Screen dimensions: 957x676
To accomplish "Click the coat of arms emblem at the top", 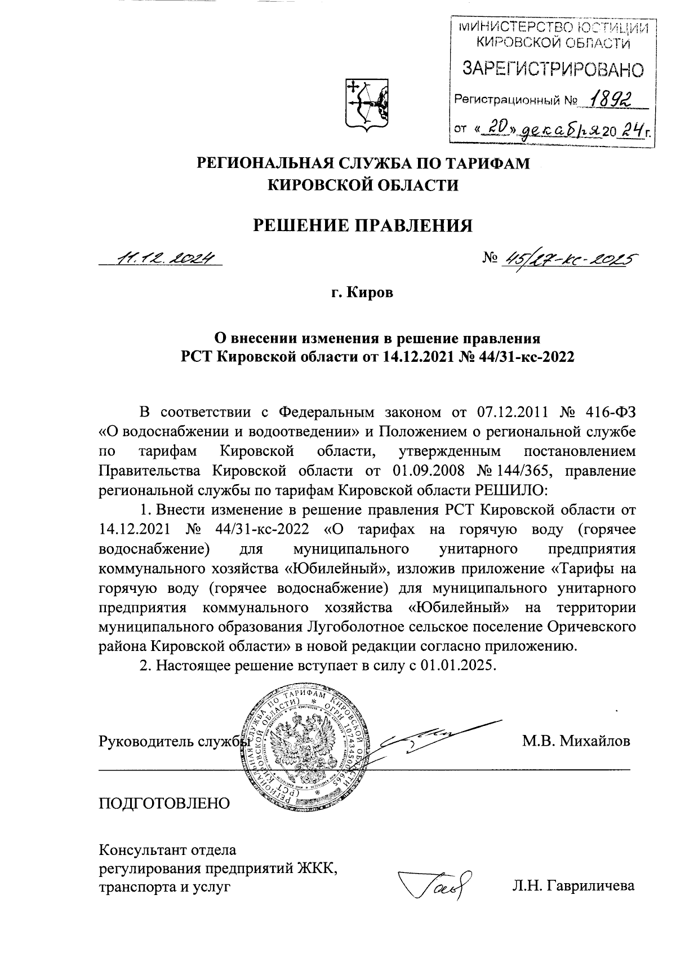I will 365,104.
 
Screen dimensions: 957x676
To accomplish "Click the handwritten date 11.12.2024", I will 164,258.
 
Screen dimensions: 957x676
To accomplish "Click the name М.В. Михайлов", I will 576,741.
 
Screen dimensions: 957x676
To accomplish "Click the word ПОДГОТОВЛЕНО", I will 164,803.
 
